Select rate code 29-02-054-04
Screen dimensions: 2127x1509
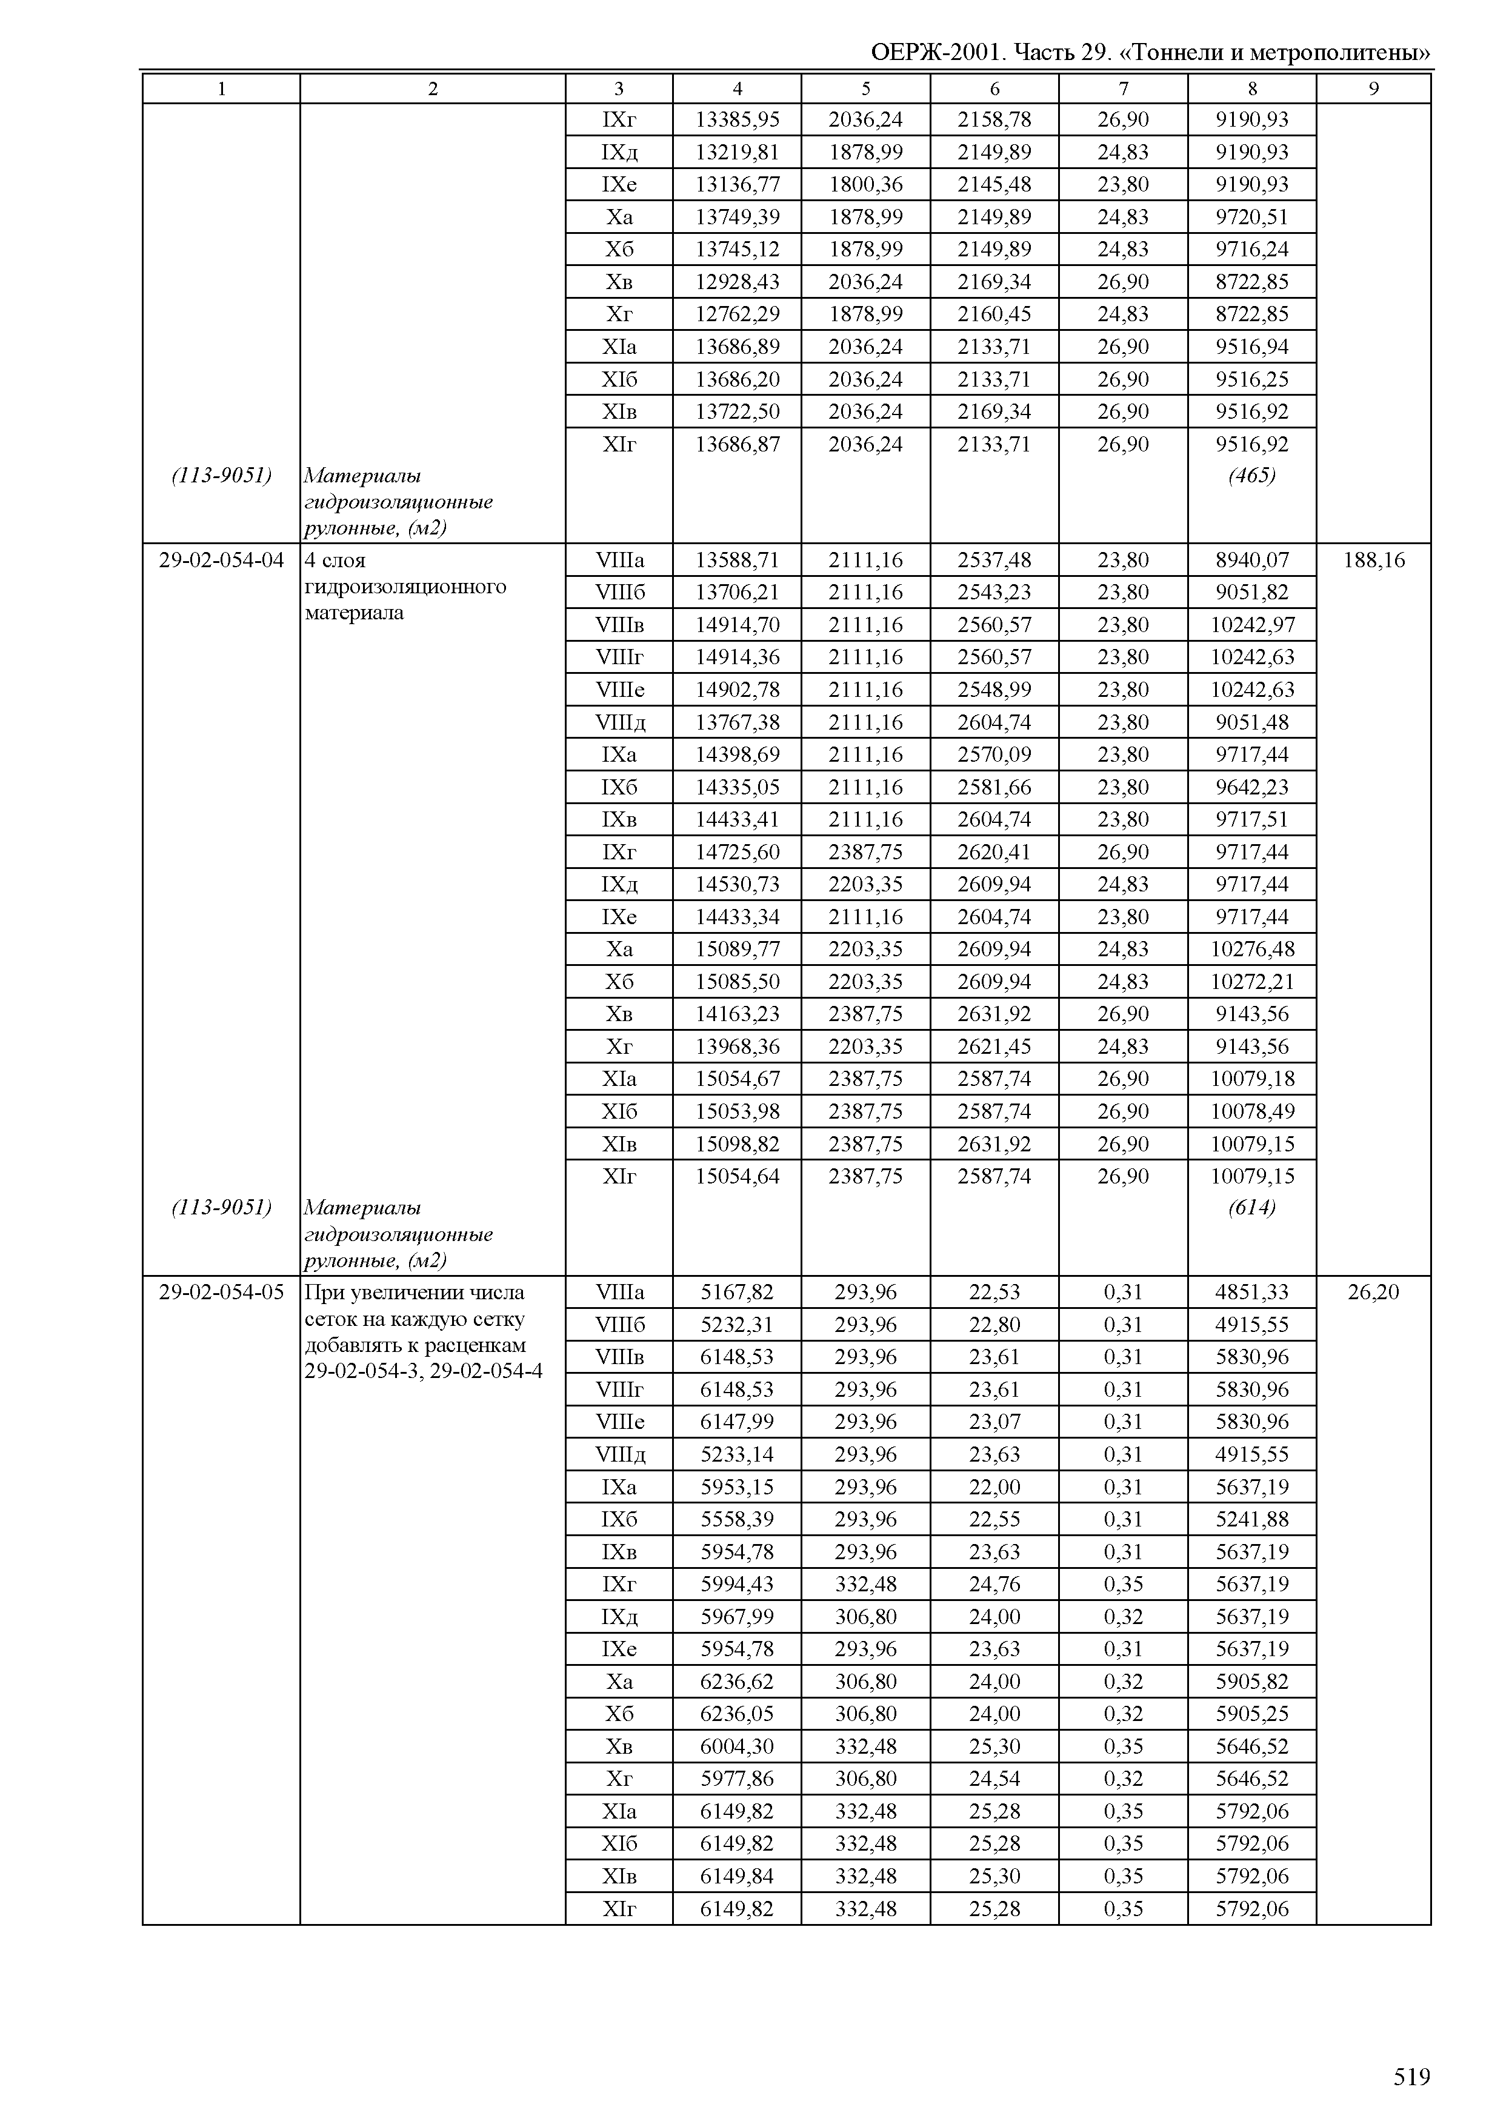click(221, 561)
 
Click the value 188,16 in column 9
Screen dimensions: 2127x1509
click(1373, 561)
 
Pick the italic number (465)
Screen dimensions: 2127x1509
click(1251, 476)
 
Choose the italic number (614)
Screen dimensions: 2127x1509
click(1251, 1208)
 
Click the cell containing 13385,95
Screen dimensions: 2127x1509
click(737, 120)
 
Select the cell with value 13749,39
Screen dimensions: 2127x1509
click(737, 218)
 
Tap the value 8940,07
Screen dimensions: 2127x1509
click(1251, 561)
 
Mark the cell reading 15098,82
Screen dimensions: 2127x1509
click(737, 1144)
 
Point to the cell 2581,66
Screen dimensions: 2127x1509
click(994, 787)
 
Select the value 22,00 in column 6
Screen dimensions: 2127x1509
click(994, 1486)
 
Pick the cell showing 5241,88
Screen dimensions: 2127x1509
click(1251, 1519)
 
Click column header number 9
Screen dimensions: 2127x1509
click(1373, 89)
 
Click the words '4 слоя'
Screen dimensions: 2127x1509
click(336, 561)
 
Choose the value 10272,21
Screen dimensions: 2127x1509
click(1251, 981)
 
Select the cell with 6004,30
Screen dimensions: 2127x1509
click(737, 1746)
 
